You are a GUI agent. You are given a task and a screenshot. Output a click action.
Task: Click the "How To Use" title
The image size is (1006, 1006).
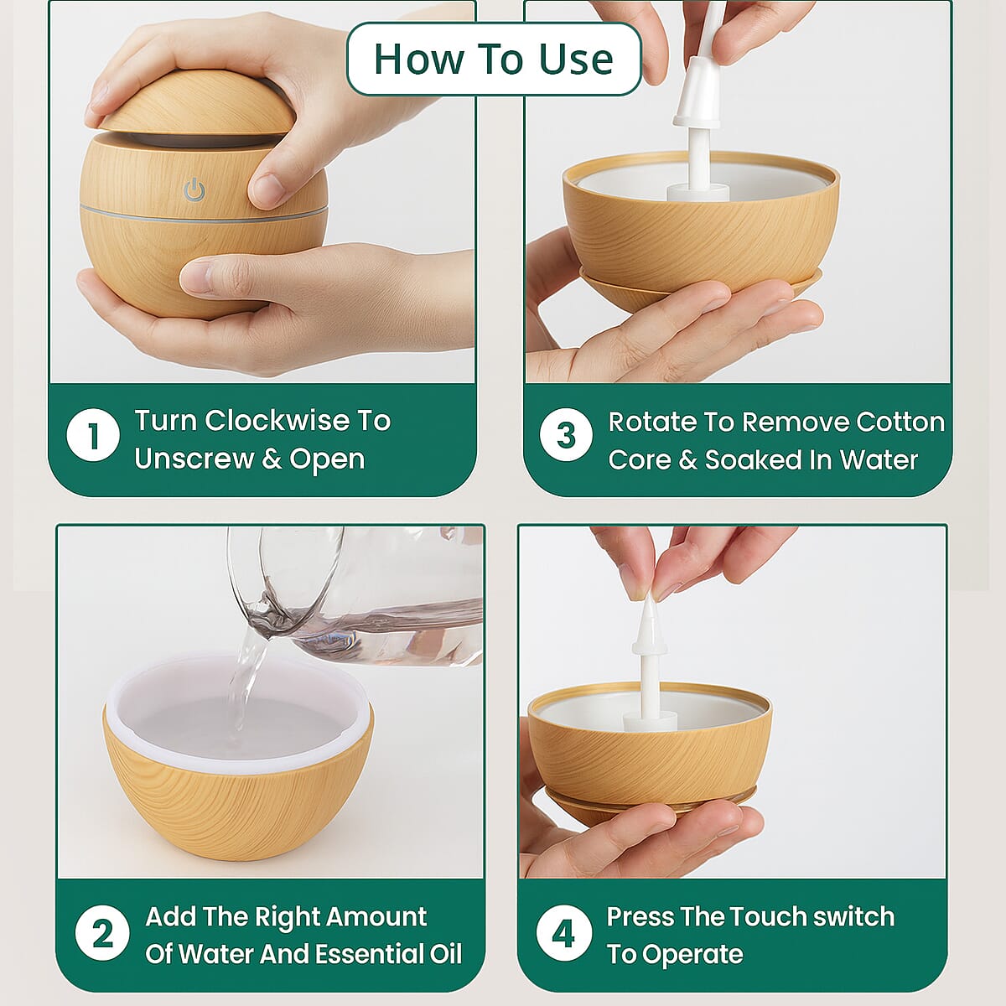pos(493,59)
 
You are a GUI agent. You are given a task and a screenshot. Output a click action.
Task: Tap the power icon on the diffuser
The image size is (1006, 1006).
pos(194,190)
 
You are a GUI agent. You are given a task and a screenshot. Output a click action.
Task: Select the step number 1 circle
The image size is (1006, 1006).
pos(93,435)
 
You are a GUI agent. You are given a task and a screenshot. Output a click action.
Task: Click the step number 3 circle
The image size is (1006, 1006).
pos(567,434)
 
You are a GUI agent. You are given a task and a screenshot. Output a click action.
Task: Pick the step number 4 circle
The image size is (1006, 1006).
pos(564,932)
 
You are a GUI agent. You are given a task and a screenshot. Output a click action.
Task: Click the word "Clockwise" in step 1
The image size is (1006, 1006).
pos(277,420)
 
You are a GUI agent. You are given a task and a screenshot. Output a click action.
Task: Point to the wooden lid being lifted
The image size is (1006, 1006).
pos(197,105)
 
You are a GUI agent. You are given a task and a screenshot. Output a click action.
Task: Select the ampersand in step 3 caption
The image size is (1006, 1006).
pos(688,460)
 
